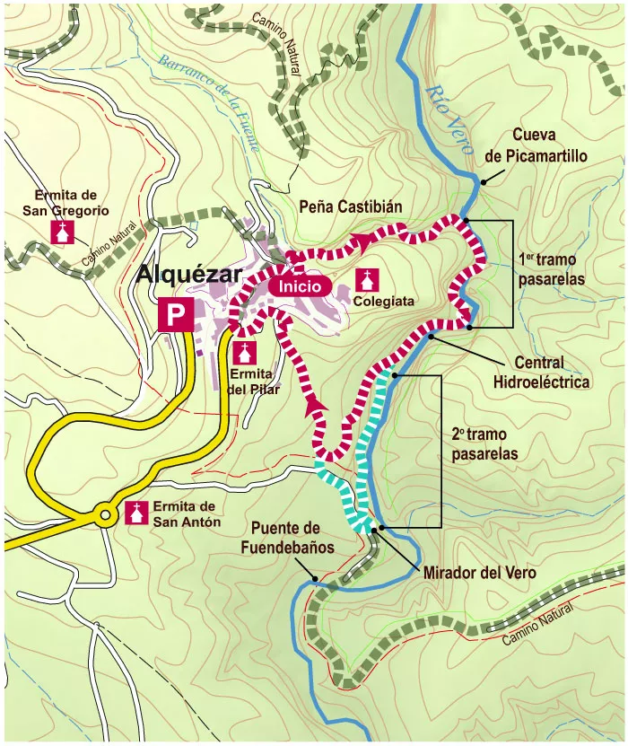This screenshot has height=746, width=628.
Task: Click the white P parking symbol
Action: coord(176,315)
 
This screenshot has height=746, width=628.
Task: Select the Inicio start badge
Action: coord(300,285)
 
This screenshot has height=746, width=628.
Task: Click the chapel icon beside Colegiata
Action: coord(367,279)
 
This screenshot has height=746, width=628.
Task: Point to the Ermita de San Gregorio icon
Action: coord(62,232)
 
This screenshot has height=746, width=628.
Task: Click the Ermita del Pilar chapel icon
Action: coord(245,351)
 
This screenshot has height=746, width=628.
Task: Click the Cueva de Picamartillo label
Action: coord(536,145)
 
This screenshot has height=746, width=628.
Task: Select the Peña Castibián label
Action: coord(350,207)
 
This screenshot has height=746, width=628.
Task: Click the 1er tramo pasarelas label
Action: coord(552,269)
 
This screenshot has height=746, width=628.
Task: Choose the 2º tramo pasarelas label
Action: coord(485,443)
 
